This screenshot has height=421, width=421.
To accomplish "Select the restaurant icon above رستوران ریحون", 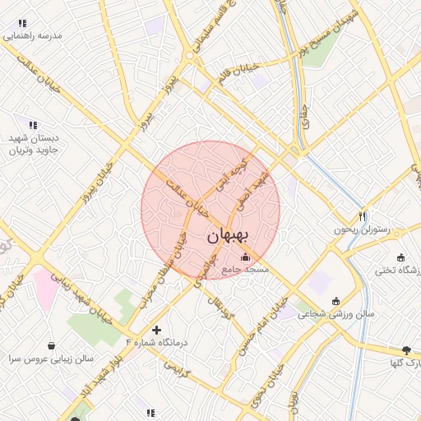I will [x=362, y=216].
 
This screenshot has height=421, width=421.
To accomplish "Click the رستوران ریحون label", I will [x=359, y=229].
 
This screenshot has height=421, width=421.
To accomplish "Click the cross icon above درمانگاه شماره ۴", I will [x=155, y=329].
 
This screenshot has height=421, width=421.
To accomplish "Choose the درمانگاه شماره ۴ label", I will [x=156, y=341].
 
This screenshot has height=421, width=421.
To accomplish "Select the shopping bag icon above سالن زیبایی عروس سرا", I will [x=53, y=346].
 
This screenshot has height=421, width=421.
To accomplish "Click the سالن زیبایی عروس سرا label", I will [x=52, y=359].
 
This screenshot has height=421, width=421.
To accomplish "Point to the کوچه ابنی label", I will [x=231, y=173].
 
